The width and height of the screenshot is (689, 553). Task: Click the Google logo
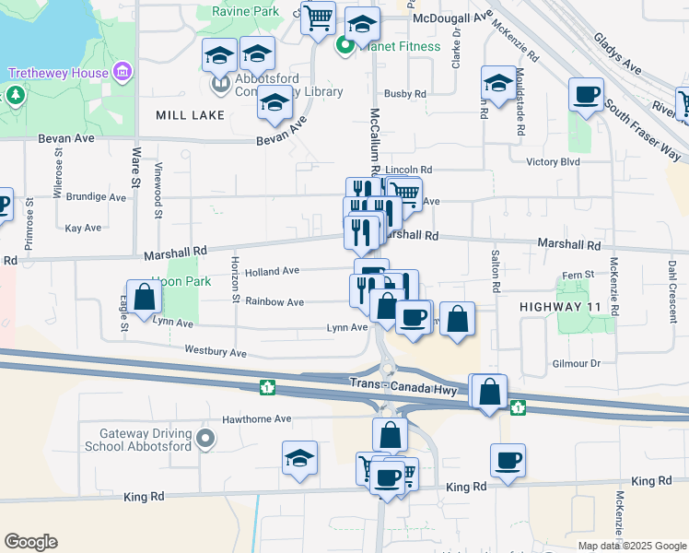pos(30,542)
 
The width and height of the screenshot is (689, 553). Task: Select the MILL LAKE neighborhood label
pos(165,115)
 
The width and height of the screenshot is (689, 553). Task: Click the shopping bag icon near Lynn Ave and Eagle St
pos(145,298)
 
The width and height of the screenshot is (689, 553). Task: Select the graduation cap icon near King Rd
pos(300,459)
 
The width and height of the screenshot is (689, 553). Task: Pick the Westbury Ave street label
pos(216,352)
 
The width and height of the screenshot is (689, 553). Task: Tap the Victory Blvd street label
pos(553,161)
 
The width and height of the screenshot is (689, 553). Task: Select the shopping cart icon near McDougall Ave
pos(318,17)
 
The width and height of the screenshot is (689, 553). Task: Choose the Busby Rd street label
pos(405,94)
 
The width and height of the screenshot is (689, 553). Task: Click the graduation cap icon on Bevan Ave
pos(274,106)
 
